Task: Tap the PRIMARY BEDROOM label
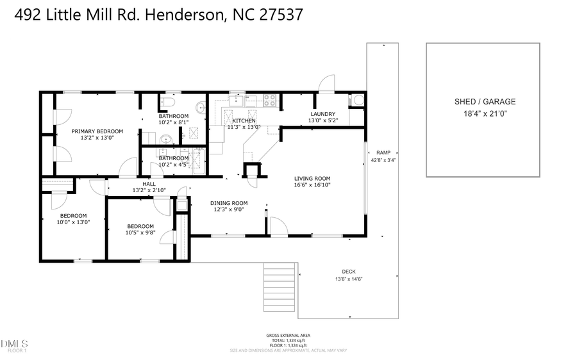pyautogui.click(x=97, y=131)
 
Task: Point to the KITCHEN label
pyautogui.click(x=244, y=120)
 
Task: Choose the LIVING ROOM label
pyautogui.click(x=312, y=179)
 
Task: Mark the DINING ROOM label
pyautogui.click(x=229, y=203)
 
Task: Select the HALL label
pyautogui.click(x=149, y=184)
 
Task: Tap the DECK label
pyautogui.click(x=348, y=272)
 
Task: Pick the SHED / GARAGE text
pyautogui.click(x=484, y=102)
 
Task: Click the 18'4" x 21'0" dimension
pyautogui.click(x=484, y=113)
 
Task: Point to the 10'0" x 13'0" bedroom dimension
pyautogui.click(x=74, y=222)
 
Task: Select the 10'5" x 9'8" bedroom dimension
pyautogui.click(x=140, y=233)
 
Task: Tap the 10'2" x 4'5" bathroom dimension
pyautogui.click(x=173, y=165)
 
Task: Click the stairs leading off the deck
pyautogui.click(x=280, y=288)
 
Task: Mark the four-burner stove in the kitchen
pyautogui.click(x=271, y=100)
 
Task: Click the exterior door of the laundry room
pyautogui.click(x=326, y=83)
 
